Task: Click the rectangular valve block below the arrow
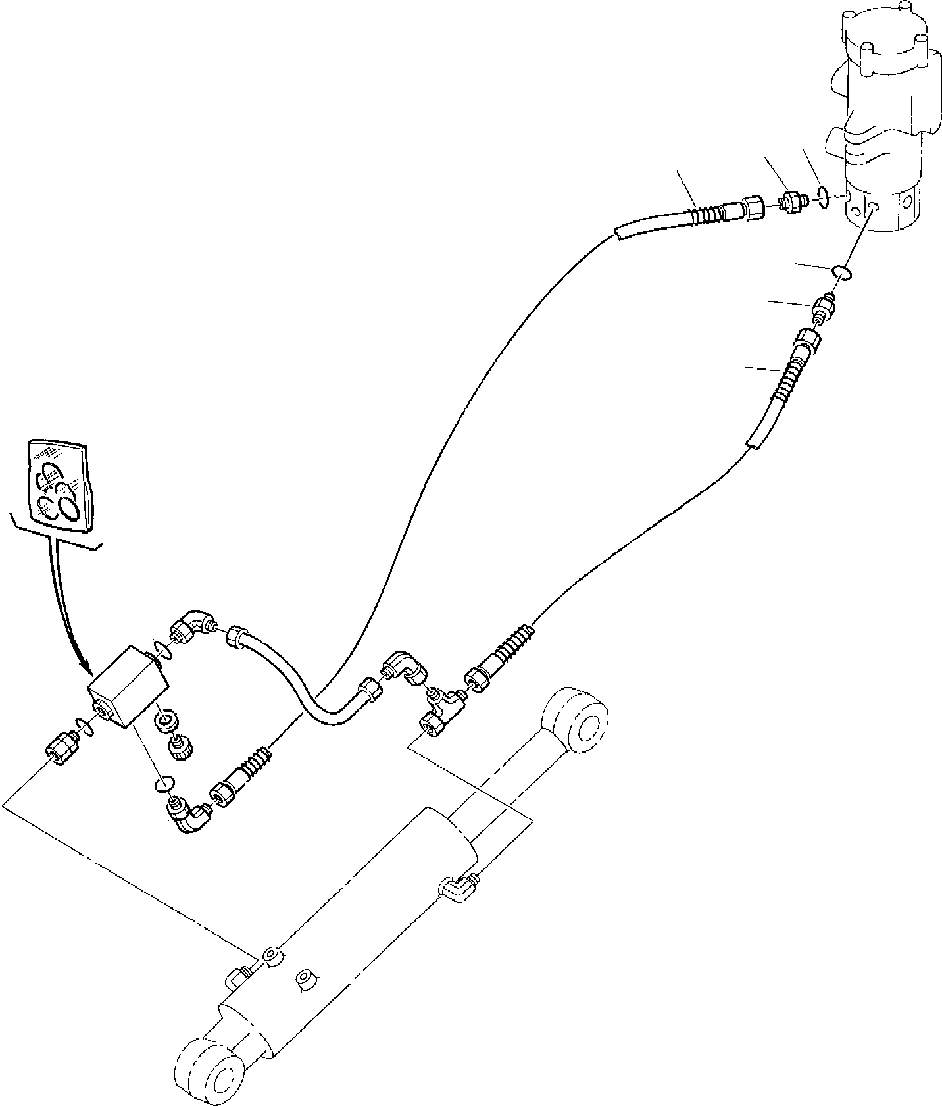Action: tap(127, 694)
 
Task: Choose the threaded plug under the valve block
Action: tap(176, 747)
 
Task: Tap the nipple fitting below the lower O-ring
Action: tap(824, 307)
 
